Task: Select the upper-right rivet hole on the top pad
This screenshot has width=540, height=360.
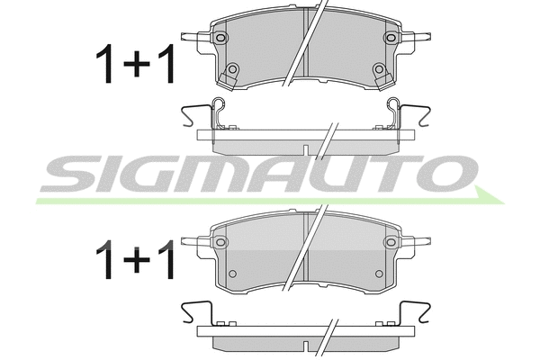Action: [x=390, y=37]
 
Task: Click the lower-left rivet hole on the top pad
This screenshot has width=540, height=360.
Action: [x=232, y=69]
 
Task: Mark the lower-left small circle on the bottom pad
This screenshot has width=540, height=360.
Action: [x=232, y=273]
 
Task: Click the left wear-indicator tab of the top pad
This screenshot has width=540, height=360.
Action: [x=193, y=38]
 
